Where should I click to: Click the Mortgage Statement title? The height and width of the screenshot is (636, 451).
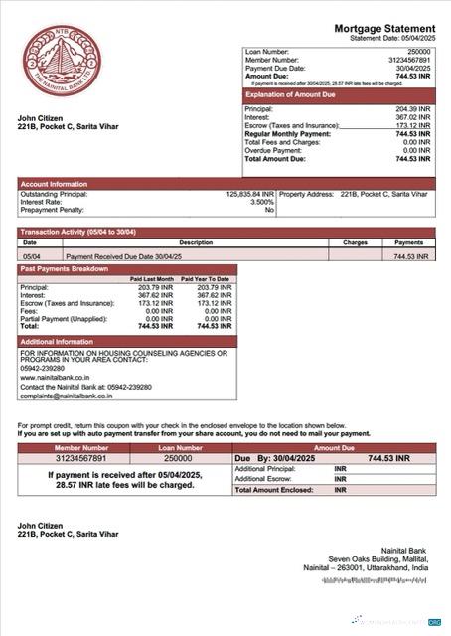(383, 29)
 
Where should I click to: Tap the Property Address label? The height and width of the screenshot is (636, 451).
(308, 194)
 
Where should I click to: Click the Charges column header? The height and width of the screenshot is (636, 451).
(355, 241)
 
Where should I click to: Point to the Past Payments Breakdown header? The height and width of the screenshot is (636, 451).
(66, 269)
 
